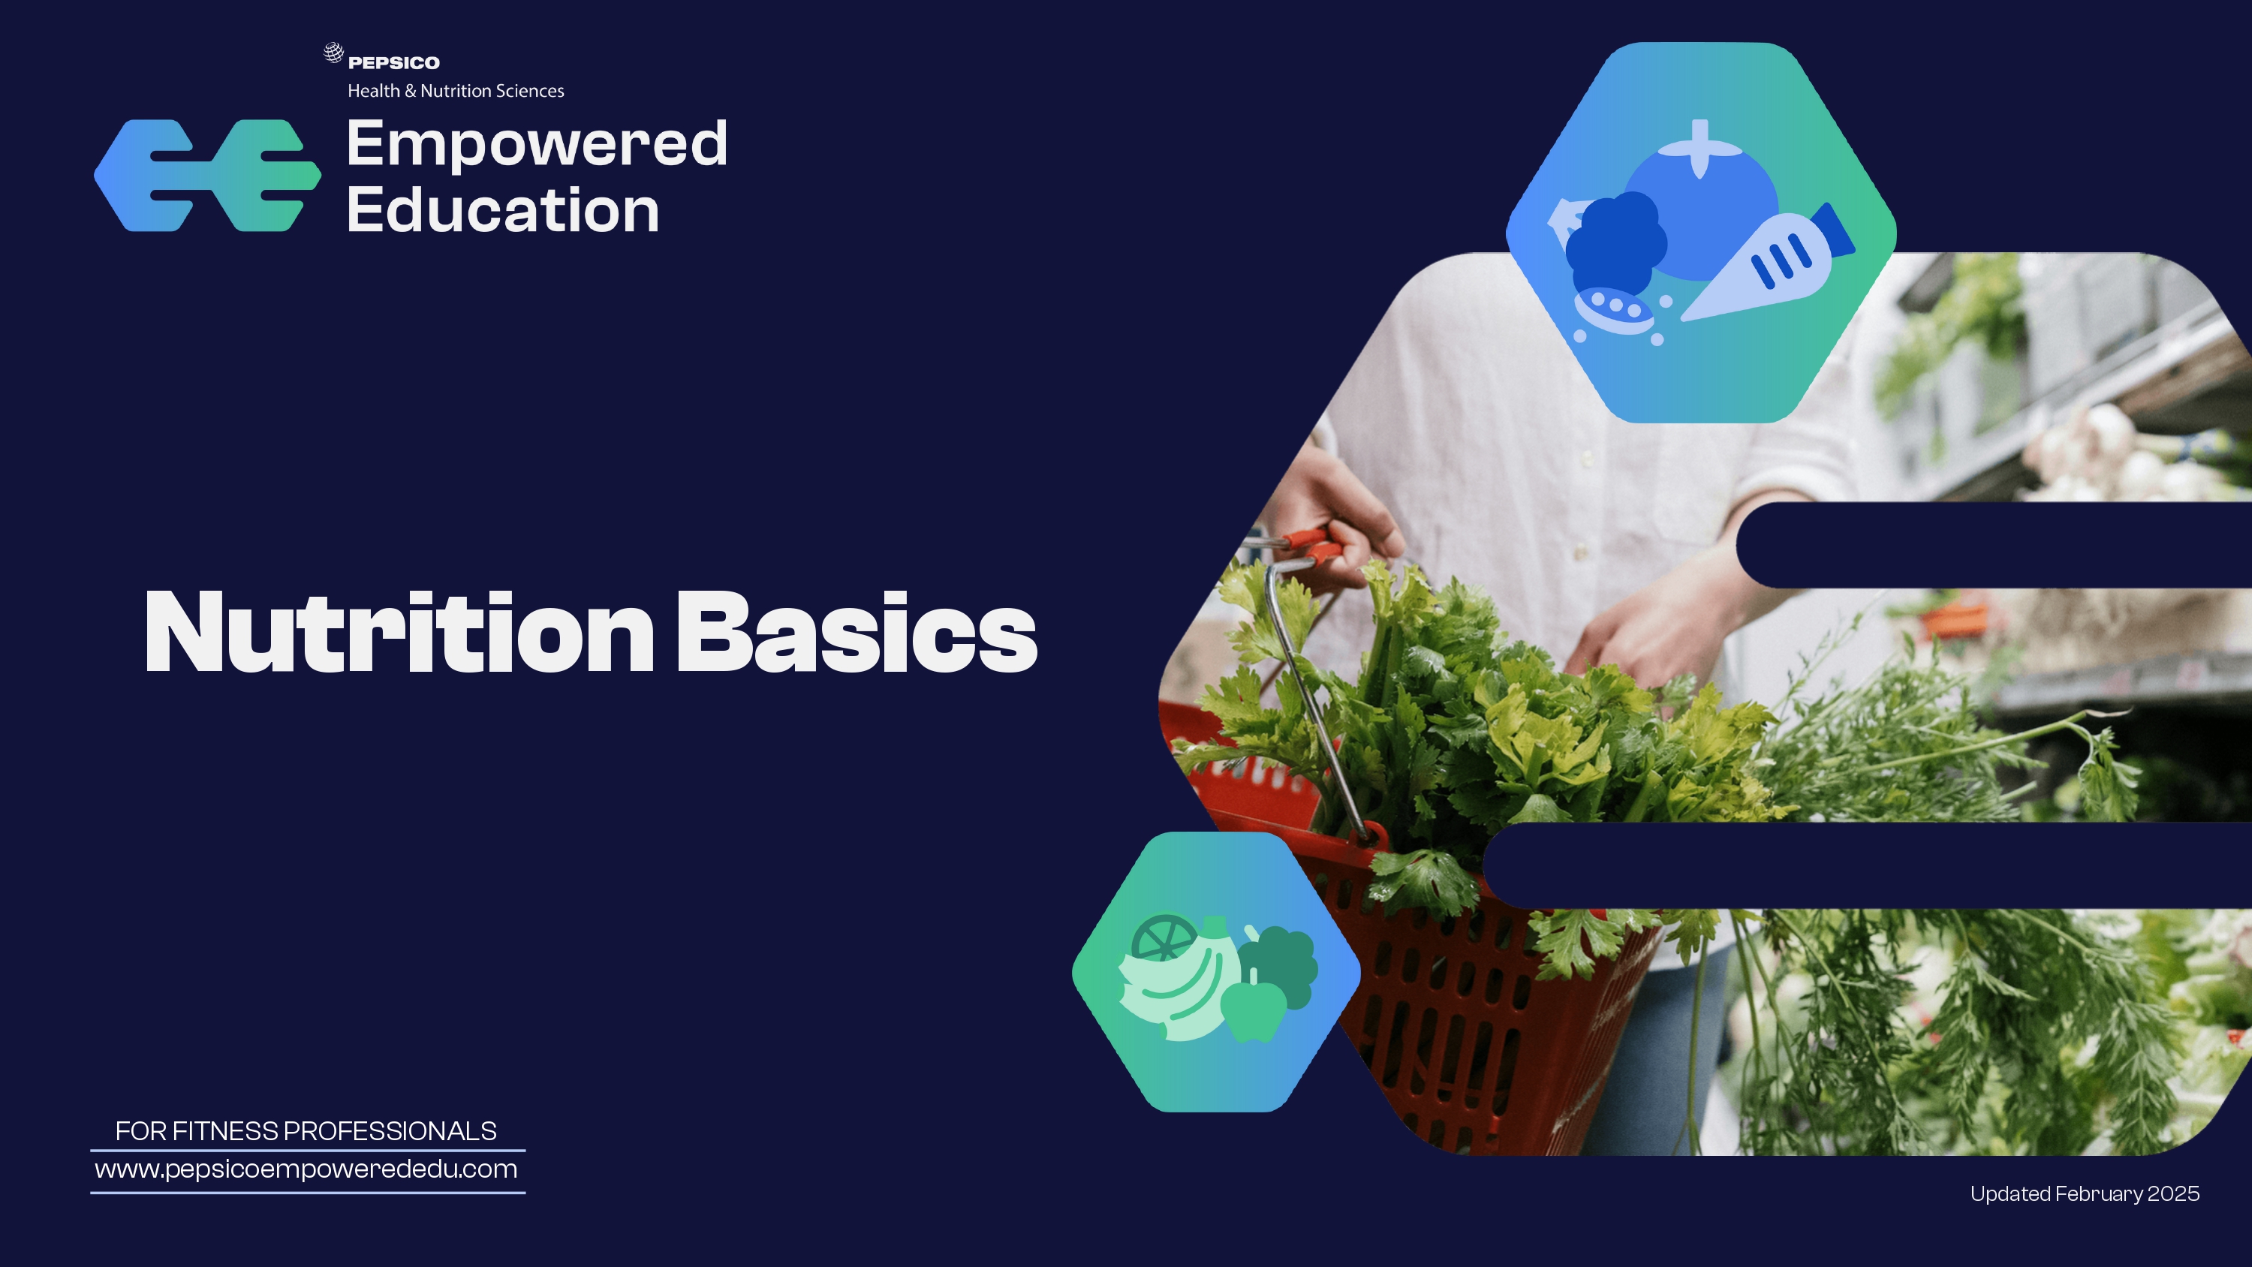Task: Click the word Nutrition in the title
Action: coord(399,631)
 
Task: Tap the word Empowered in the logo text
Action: coord(537,145)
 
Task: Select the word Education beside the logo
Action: coord(503,210)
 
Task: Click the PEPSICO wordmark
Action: coord(393,63)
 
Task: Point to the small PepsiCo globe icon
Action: coord(333,53)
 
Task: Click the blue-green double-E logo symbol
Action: coord(207,176)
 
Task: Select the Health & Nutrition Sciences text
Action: coord(456,91)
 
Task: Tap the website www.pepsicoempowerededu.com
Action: coord(306,1170)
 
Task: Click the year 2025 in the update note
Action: coord(2173,1194)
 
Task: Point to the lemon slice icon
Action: coord(1163,937)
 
